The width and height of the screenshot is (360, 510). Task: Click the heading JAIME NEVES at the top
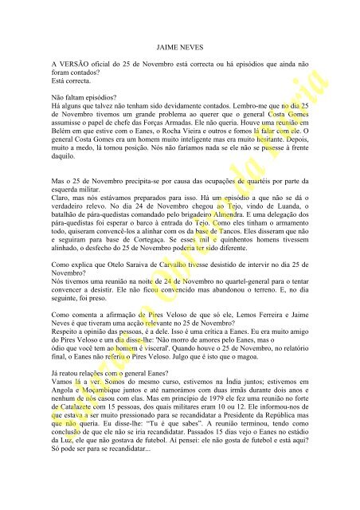pyautogui.click(x=179, y=47)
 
